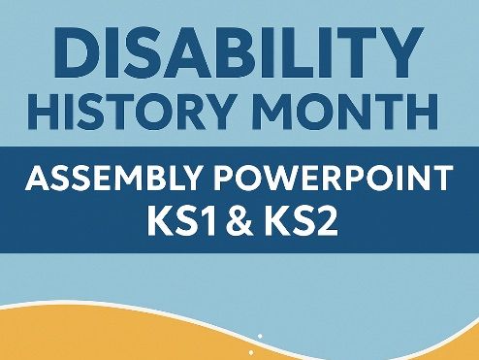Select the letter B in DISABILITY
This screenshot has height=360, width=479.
pyautogui.click(x=227, y=50)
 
